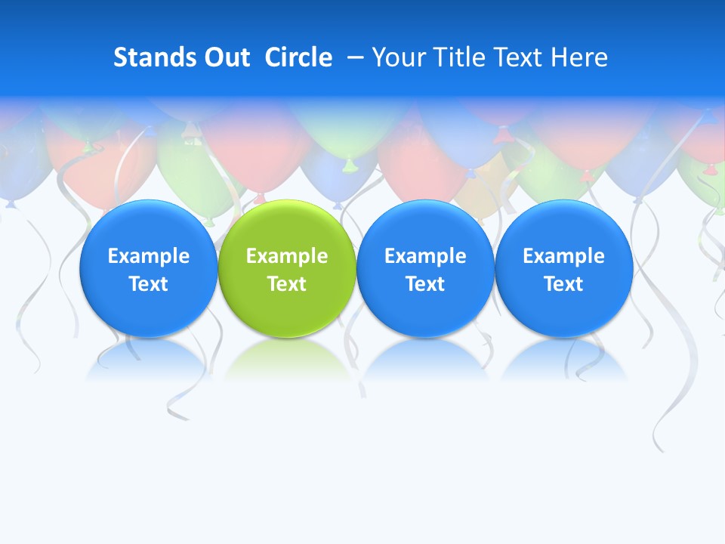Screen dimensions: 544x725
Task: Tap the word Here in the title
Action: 578,57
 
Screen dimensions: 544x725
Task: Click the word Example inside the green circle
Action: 287,256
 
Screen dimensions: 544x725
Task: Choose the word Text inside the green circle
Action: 287,284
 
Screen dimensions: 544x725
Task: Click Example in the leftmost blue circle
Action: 149,256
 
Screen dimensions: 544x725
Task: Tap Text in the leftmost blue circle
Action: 149,284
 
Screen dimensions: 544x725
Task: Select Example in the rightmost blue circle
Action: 564,256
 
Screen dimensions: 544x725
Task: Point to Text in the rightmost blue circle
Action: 564,284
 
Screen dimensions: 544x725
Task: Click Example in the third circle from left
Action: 425,256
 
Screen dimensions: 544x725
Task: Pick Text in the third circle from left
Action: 425,284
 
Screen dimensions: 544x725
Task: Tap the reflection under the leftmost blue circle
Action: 149,359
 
